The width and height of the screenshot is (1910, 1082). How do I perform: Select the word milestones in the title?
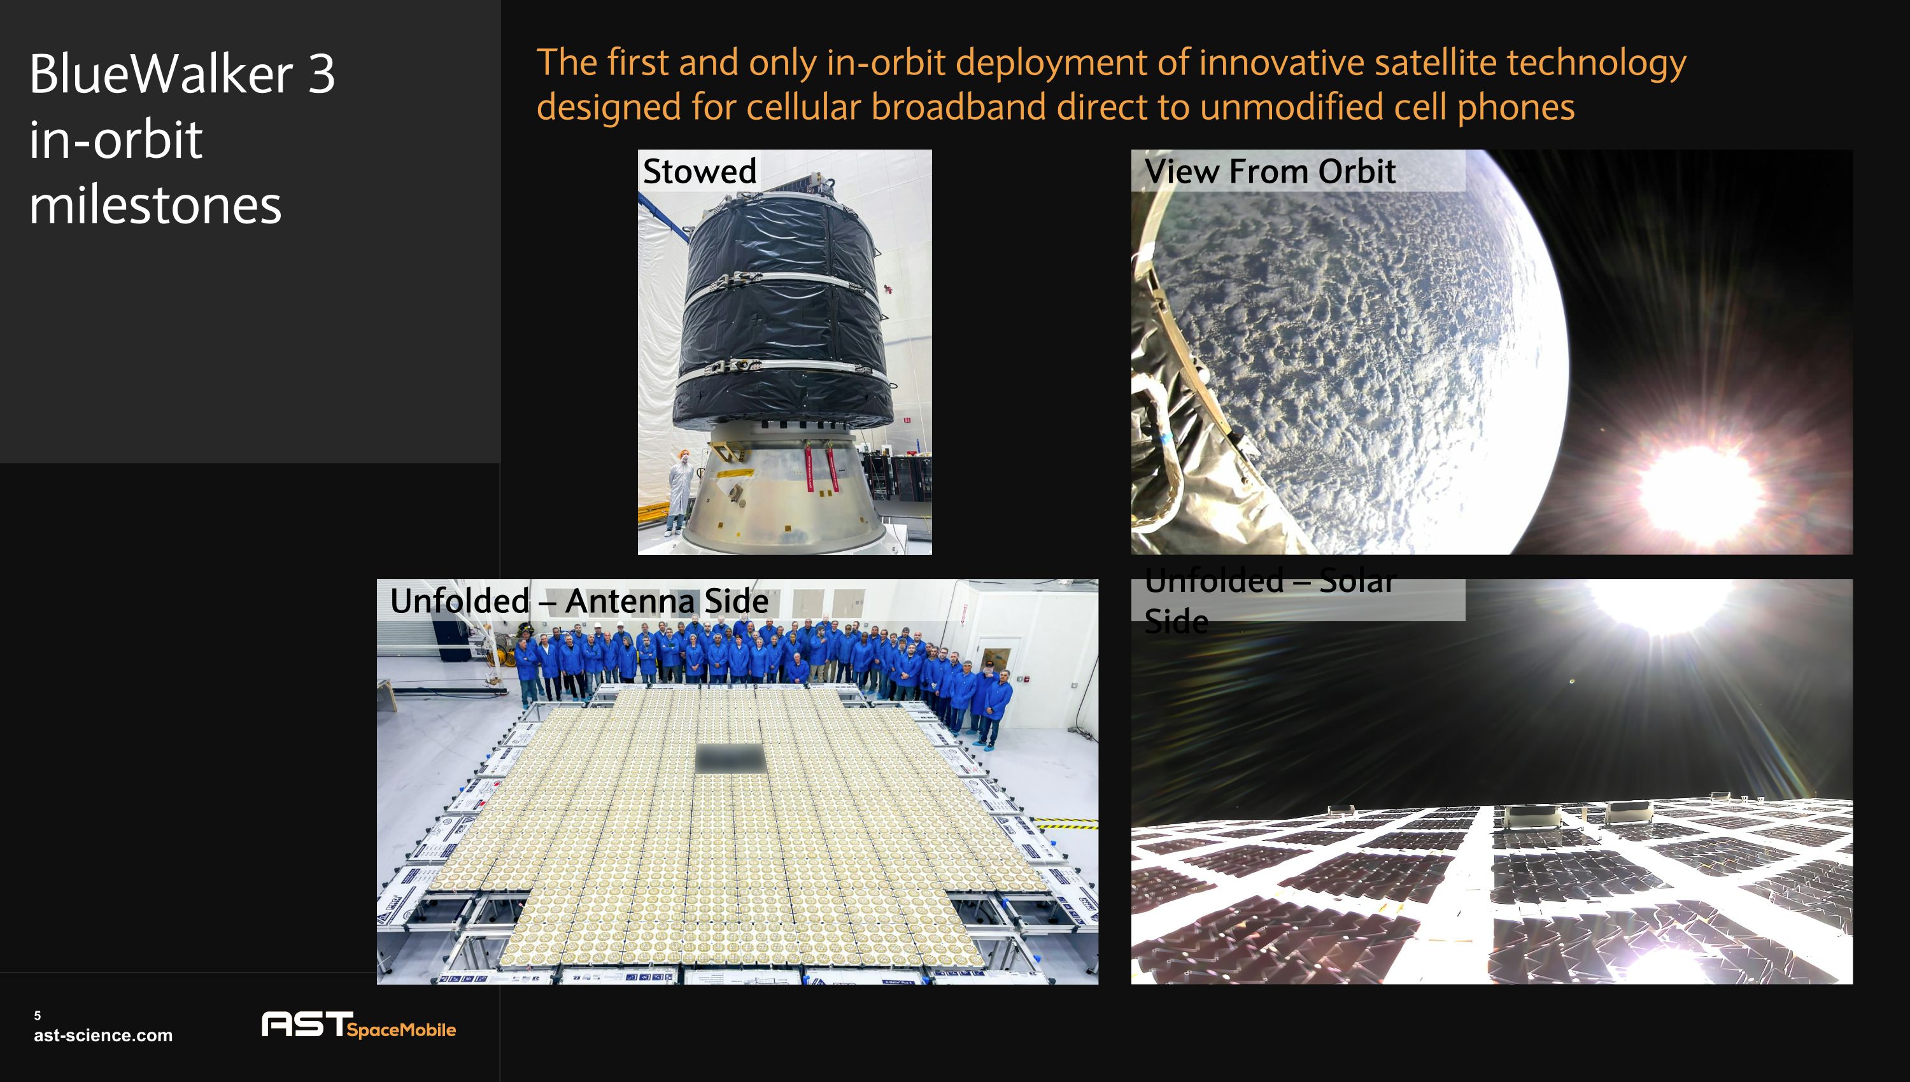[155, 205]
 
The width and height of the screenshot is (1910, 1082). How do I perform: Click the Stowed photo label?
[699, 171]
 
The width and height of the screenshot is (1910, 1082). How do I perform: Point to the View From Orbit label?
[1270, 171]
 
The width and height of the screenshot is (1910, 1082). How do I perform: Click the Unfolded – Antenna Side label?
[579, 600]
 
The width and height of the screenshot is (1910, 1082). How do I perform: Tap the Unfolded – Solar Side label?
[1270, 599]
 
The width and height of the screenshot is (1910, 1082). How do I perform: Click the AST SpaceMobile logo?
[358, 1025]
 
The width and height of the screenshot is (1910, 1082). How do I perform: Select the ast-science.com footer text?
[103, 1035]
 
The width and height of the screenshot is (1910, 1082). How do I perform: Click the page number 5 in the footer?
[37, 1015]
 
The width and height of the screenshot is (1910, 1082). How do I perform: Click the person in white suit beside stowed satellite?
[680, 491]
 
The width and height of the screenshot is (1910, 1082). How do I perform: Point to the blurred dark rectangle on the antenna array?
[729, 759]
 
